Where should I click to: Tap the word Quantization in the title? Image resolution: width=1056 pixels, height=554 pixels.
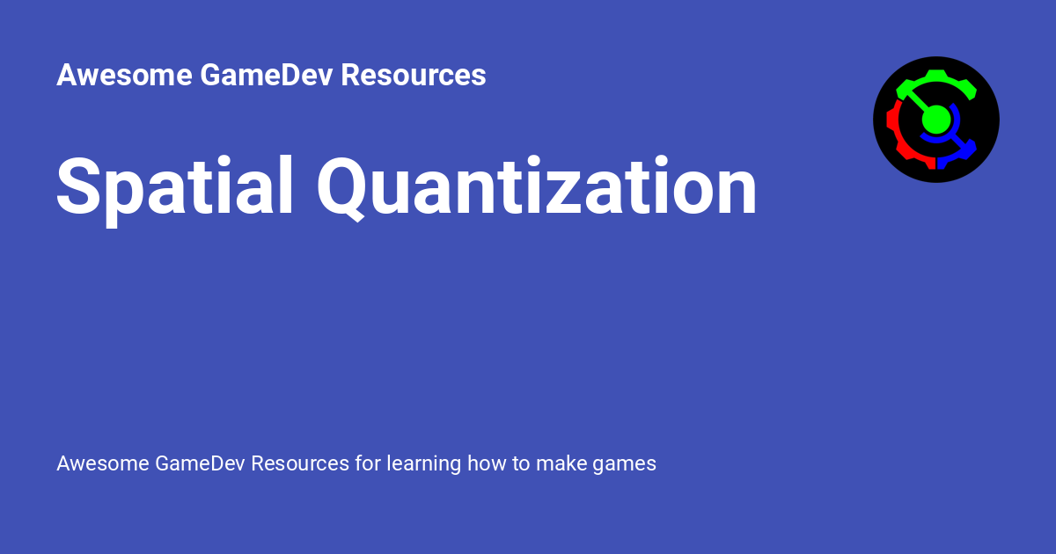[537, 186]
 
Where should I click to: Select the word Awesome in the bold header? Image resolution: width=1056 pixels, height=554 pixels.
[124, 76]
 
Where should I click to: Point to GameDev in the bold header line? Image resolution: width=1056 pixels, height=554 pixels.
[266, 76]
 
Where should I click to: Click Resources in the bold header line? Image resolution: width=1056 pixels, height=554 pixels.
[414, 76]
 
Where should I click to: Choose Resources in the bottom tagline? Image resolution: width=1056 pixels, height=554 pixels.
[300, 463]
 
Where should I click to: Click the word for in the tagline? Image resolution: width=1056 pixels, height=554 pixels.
[367, 463]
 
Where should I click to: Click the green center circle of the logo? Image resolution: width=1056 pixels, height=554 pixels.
[936, 119]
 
